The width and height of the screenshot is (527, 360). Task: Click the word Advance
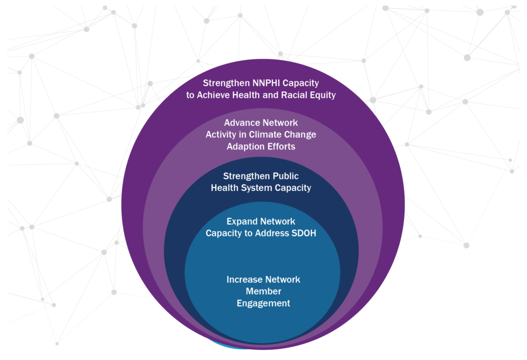click(240, 122)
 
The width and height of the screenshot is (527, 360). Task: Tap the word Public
click(286, 176)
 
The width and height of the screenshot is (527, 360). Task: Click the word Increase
click(243, 279)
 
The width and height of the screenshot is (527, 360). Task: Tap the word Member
click(263, 291)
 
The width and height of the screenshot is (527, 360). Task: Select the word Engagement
click(263, 303)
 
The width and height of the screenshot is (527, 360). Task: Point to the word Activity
click(221, 135)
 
